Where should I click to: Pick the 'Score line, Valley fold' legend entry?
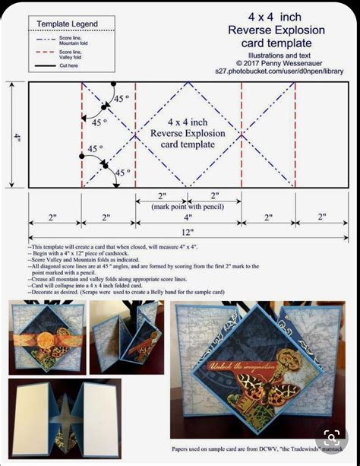click(73, 53)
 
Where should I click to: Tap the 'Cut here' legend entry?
click(68, 65)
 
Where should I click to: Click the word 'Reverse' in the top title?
click(254, 30)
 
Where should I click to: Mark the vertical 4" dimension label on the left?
click(16, 137)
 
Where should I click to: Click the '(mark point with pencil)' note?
click(188, 206)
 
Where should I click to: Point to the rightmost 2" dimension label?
click(321, 217)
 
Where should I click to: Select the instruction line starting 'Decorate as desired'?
click(144, 291)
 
